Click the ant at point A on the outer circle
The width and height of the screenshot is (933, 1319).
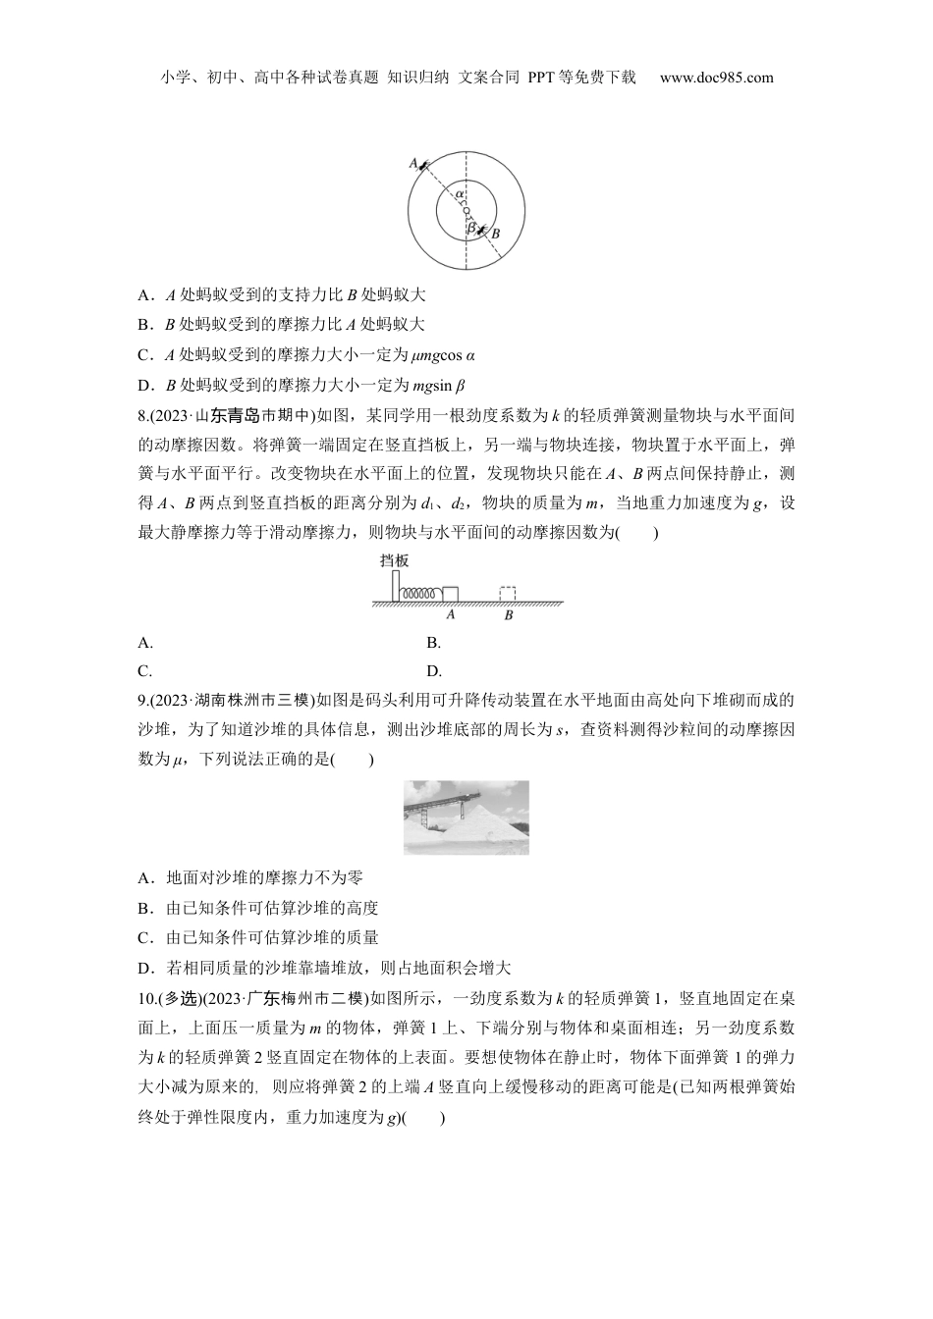tap(423, 167)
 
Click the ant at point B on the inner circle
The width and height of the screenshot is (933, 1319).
tap(481, 230)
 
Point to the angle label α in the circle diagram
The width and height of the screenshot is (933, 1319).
tap(459, 194)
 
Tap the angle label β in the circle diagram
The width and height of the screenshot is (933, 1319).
tap(471, 227)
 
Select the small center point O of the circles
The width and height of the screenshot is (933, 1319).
tap(466, 210)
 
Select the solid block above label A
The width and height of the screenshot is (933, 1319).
tap(451, 594)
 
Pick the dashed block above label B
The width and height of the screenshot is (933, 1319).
tap(508, 594)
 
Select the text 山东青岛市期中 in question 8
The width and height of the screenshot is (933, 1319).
tap(253, 416)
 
